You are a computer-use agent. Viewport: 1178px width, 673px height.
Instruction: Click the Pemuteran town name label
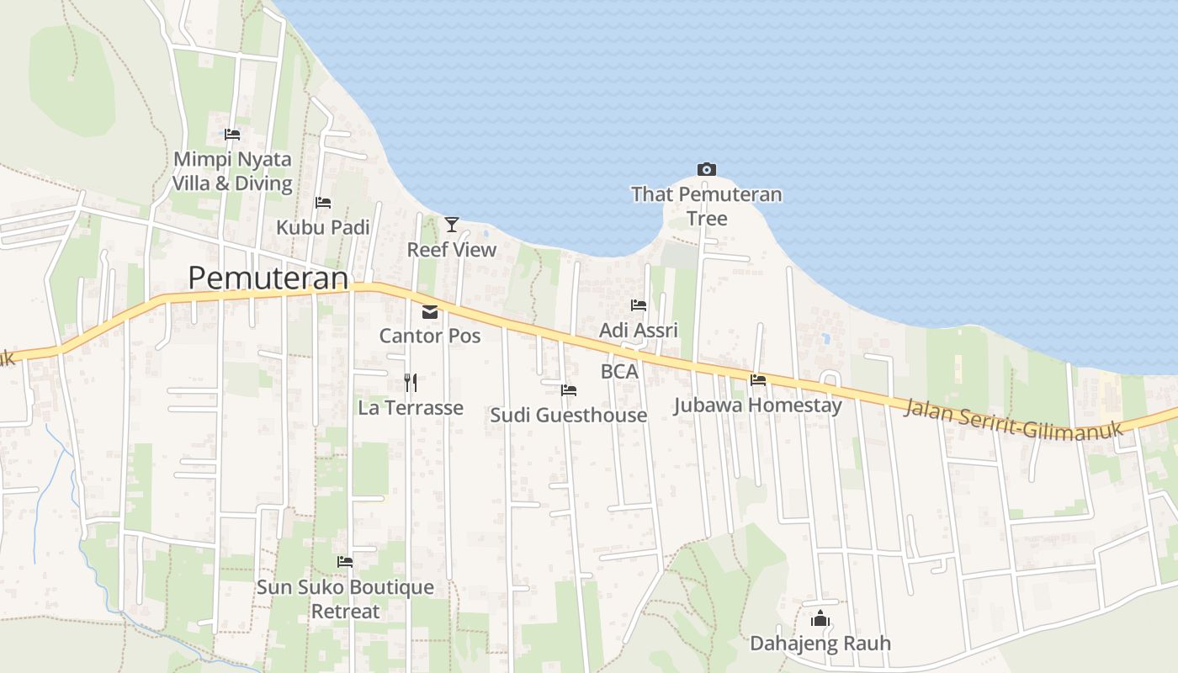pyautogui.click(x=268, y=278)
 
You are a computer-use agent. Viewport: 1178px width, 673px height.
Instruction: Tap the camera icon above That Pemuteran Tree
pyautogui.click(x=707, y=169)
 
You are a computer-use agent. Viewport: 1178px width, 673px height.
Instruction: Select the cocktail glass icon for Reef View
pyautogui.click(x=452, y=224)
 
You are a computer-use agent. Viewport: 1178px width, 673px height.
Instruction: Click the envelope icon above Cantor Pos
pyautogui.click(x=430, y=312)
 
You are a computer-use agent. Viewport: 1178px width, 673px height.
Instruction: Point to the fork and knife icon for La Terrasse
pyautogui.click(x=411, y=383)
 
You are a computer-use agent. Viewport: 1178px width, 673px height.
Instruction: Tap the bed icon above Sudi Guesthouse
pyautogui.click(x=569, y=390)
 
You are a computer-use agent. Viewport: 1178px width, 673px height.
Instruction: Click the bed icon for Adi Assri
pyautogui.click(x=639, y=305)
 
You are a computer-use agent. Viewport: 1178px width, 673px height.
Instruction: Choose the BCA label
pyautogui.click(x=619, y=371)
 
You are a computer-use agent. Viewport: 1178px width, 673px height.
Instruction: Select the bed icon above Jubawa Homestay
pyautogui.click(x=758, y=380)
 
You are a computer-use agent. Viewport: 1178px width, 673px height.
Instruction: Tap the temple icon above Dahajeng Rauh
pyautogui.click(x=820, y=619)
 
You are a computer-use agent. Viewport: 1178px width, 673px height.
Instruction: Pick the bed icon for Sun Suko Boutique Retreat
pyautogui.click(x=345, y=561)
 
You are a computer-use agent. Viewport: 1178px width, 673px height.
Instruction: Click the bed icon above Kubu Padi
pyautogui.click(x=323, y=203)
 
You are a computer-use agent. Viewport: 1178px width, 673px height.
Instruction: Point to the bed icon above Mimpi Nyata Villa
pyautogui.click(x=232, y=135)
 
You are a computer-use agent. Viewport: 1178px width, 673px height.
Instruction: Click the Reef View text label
pyautogui.click(x=452, y=250)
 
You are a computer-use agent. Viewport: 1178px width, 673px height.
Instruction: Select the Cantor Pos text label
pyautogui.click(x=430, y=336)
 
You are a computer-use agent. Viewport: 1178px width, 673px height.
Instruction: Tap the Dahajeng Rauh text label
pyautogui.click(x=820, y=644)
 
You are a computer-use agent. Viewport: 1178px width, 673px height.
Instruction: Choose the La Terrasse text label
pyautogui.click(x=411, y=408)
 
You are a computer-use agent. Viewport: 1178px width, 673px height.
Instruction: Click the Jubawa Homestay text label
pyautogui.click(x=757, y=405)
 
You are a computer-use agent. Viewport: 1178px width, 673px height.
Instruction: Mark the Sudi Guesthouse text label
pyautogui.click(x=569, y=415)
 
